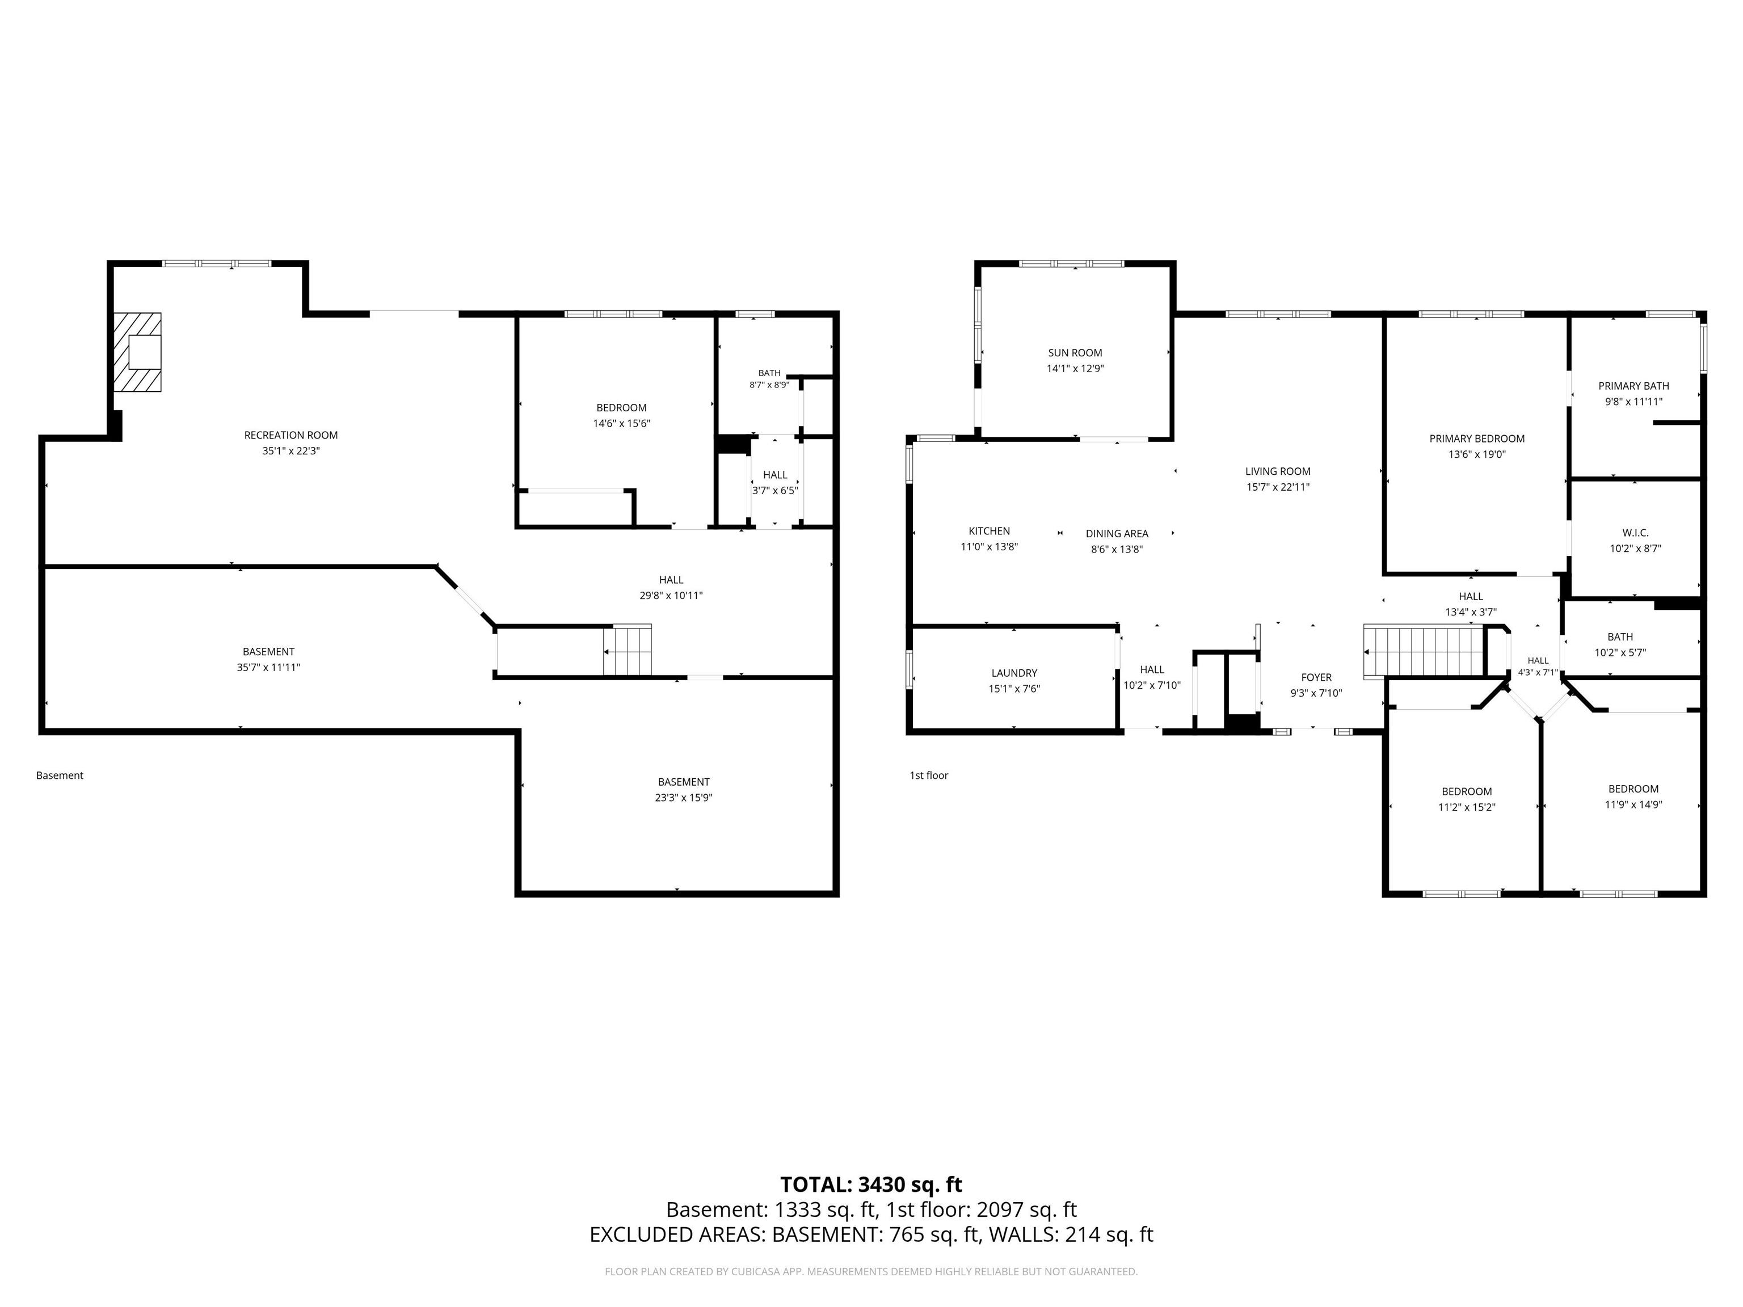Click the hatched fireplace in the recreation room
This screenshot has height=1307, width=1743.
coord(137,352)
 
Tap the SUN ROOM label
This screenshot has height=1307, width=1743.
coord(1075,353)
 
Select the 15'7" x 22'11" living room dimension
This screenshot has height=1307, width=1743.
coord(1278,487)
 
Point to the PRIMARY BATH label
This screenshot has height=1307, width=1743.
coord(1633,386)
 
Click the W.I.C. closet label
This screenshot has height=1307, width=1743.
coord(1635,533)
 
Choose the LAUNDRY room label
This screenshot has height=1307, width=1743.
coord(1014,673)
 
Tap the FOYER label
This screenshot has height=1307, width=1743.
coord(1316,677)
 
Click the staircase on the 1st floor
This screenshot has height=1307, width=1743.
coord(1424,651)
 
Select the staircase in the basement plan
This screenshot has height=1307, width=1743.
coord(628,650)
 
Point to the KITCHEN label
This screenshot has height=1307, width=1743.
coord(989,531)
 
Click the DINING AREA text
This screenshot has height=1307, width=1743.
coord(1117,533)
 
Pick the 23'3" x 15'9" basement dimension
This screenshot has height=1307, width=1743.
coord(683,797)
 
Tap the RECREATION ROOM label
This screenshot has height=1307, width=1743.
coord(290,435)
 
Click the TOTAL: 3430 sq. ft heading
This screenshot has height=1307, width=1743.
coord(871,1185)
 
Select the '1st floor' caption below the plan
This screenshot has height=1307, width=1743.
coord(929,775)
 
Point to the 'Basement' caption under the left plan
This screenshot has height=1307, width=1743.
coord(60,775)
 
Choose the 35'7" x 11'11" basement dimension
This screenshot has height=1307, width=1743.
coord(269,667)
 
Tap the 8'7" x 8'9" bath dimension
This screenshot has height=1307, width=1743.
coord(769,385)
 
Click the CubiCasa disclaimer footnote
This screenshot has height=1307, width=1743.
coord(871,1272)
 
